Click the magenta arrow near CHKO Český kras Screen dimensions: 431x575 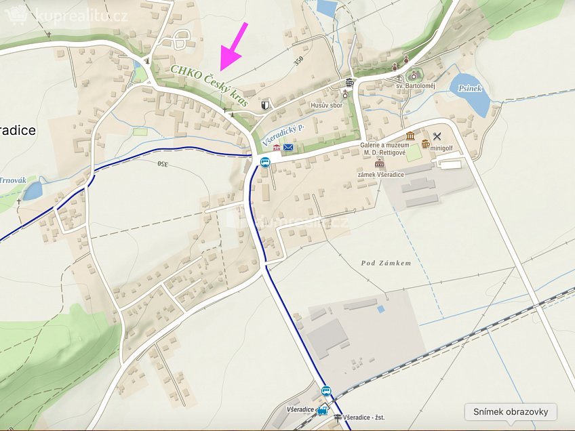coord(232,46)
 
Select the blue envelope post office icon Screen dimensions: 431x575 coord(289,147)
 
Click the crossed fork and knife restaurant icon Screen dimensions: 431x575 coord(437,136)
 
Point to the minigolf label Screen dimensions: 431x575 coord(443,145)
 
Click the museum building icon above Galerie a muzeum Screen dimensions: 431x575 coord(410,136)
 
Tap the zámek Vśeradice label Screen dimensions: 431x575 coord(382,175)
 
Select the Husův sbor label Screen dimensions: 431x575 coord(327,106)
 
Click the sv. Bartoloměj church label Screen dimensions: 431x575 coord(416,86)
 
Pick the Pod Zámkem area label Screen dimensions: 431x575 coord(386,263)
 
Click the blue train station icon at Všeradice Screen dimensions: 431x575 coord(323,410)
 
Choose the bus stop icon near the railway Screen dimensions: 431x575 coord(326,391)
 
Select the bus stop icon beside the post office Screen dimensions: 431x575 coord(264,162)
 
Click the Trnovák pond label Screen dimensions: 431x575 coord(13,180)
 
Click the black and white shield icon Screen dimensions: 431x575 coord(265,105)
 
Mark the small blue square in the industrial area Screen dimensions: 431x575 coord(380,309)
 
